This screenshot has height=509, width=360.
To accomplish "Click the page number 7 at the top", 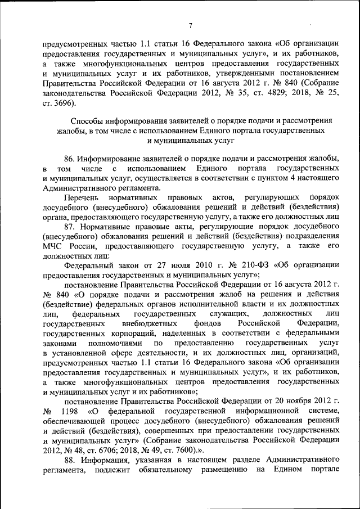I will coord(191,25).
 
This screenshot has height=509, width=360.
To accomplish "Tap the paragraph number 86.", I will coord(70,159).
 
